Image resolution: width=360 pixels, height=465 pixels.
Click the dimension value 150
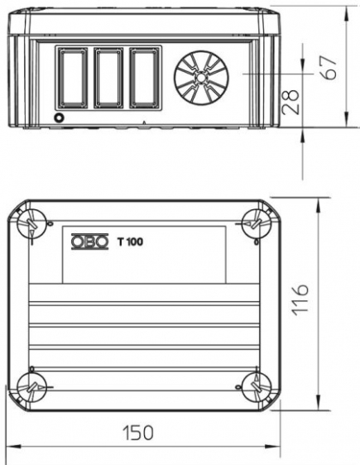pos(138,433)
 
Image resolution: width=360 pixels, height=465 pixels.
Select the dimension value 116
pos(300,300)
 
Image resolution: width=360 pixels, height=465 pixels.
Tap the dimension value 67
pos(329,68)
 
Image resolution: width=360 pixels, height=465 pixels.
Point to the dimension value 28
pos(290,102)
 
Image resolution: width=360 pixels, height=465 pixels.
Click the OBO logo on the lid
pos(89,242)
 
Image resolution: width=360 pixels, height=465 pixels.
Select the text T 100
pos(130,242)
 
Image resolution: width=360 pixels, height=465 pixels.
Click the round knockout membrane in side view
pos(201,78)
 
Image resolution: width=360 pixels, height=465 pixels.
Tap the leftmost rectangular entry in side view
pos(73,77)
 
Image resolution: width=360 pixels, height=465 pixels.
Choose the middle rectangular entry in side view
pos(108,77)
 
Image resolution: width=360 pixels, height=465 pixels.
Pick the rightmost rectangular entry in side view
pos(145,77)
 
